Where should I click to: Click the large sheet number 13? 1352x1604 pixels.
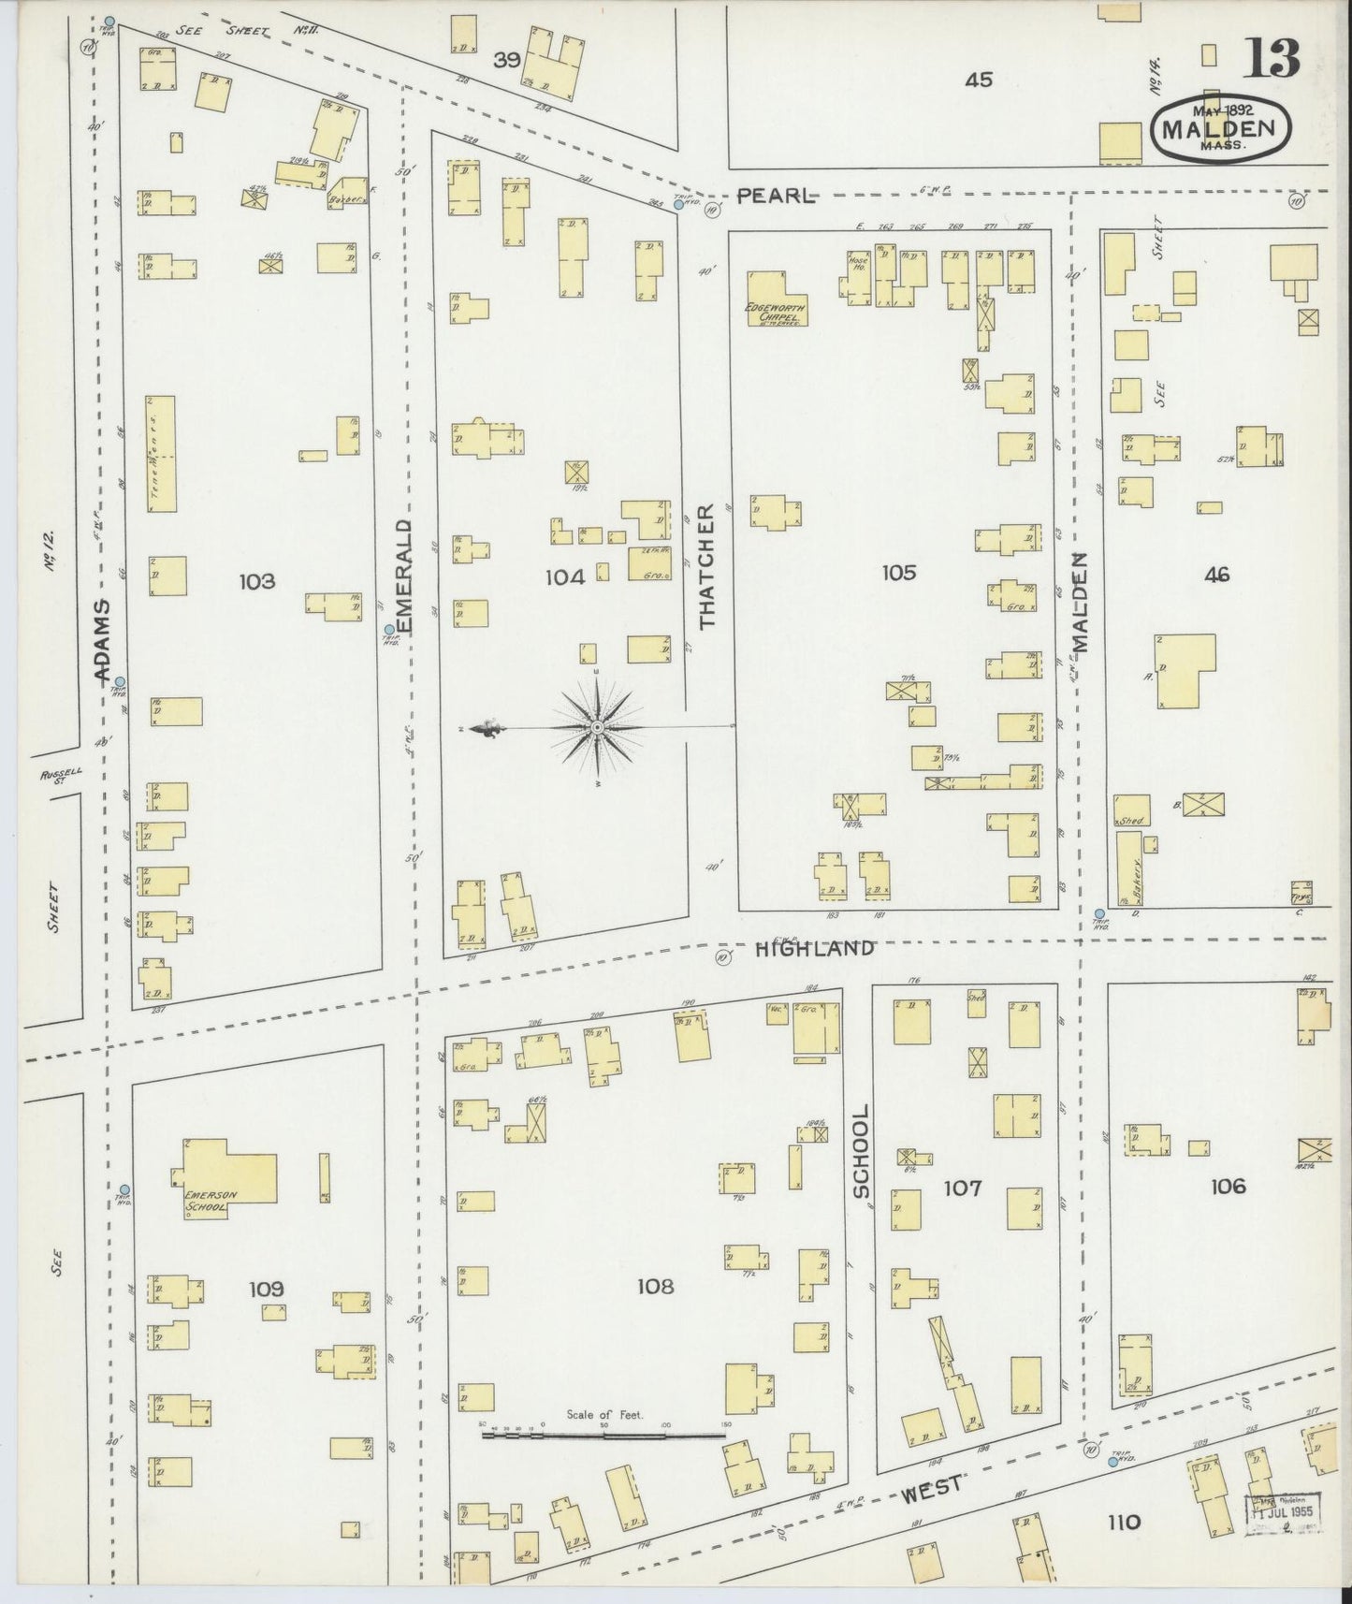(x=1272, y=59)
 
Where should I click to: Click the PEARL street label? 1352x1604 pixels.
(x=777, y=196)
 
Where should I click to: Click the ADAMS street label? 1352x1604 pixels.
(x=103, y=640)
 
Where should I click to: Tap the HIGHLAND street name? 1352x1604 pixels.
(x=814, y=948)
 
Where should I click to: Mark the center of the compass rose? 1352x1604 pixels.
(x=596, y=727)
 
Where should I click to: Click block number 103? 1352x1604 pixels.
(x=256, y=581)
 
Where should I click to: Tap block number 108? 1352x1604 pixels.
(x=655, y=1287)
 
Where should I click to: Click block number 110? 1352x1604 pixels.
(x=1123, y=1522)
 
